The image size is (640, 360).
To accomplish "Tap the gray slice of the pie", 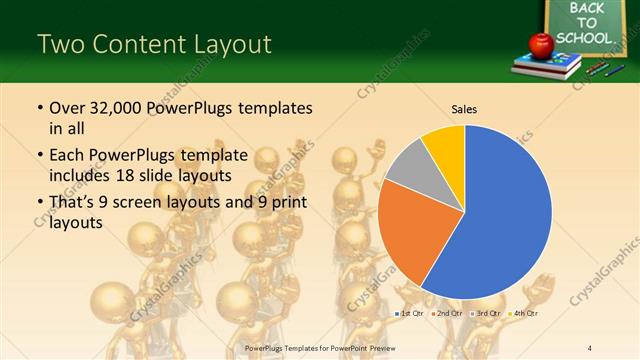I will coord(408,165).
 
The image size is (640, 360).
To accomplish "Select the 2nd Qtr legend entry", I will coord(447,314).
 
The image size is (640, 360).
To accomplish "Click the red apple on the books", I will coord(541,44).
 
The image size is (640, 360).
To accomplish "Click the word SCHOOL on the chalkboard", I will coord(583,38).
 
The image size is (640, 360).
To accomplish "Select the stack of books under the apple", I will coord(546,66).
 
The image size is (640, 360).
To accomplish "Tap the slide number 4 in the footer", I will coord(590,347).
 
